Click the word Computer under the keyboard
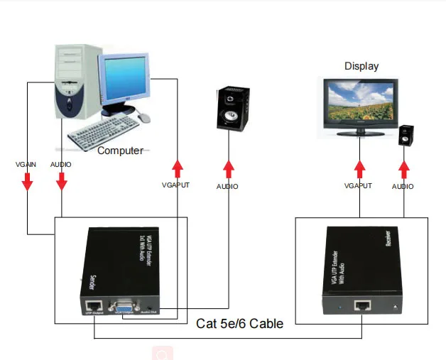pos(120,151)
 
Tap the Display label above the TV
pos(361,66)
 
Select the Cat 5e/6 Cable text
pos(239,324)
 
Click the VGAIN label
pos(27,165)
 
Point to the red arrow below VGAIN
pos(27,182)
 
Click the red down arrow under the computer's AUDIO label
pos(62,182)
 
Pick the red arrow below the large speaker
pos(229,169)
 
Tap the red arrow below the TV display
pos(358,170)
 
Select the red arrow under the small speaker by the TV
pos(404,170)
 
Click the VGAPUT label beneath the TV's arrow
pos(358,186)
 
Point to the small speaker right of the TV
pos(406,135)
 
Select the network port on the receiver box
pos(363,305)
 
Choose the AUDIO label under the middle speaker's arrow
pos(227,187)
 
